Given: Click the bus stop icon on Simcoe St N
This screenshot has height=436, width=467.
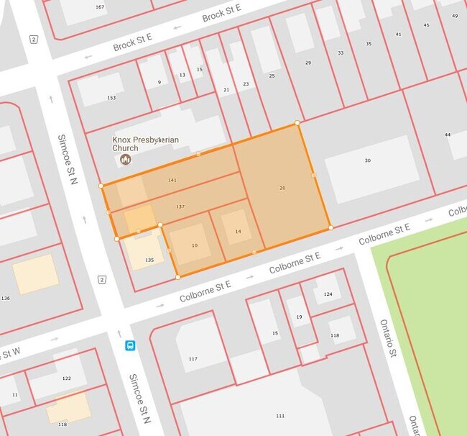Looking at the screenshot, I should click(130, 345).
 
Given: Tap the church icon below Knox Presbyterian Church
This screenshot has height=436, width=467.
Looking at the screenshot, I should click(125, 159).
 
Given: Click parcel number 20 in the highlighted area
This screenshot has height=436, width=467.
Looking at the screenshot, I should click(282, 188).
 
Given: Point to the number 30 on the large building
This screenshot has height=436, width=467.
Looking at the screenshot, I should click(367, 160).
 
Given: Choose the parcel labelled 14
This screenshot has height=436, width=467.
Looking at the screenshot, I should click(238, 231).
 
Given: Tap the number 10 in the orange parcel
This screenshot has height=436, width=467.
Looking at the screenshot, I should click(194, 246).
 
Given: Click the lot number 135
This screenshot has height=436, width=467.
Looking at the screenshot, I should click(149, 260).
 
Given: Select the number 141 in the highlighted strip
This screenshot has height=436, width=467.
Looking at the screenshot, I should click(172, 180).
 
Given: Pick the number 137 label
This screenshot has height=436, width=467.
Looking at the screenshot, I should click(180, 207).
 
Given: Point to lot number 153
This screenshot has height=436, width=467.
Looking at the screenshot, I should click(111, 98).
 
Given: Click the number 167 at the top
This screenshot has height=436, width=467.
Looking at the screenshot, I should click(99, 7).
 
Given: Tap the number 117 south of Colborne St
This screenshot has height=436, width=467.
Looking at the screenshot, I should click(193, 358).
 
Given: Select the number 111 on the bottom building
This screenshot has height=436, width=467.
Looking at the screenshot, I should click(280, 416).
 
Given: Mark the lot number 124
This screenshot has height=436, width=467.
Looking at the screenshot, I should click(328, 294).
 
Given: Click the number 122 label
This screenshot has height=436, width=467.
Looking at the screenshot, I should click(67, 378).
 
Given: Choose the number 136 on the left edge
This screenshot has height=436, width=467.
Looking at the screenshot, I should click(6, 298).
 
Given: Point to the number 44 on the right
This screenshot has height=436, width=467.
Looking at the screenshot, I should click(447, 135).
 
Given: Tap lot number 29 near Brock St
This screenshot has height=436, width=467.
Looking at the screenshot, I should click(308, 63).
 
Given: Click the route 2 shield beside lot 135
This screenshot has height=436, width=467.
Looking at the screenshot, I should click(102, 279).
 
